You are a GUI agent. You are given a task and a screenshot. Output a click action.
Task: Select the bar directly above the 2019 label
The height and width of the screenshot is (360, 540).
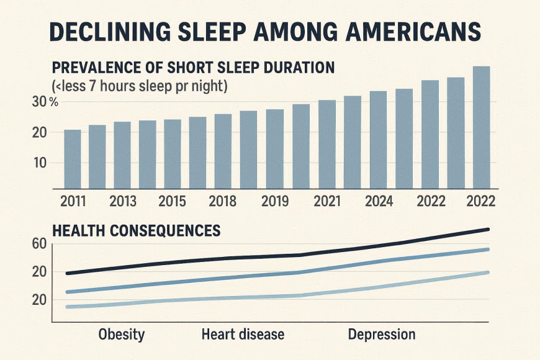click(x=274, y=149)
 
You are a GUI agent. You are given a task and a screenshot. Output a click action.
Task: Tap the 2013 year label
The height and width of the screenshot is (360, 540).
click(x=124, y=202)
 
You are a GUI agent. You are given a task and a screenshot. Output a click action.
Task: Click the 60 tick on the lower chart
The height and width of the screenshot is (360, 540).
click(x=38, y=243)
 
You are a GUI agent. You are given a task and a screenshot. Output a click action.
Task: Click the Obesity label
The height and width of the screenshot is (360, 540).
click(x=122, y=335)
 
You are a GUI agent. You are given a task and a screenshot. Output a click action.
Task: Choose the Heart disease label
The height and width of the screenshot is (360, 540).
click(x=243, y=335)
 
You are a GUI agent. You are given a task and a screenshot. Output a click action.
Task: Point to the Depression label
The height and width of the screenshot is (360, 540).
click(x=381, y=335)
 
